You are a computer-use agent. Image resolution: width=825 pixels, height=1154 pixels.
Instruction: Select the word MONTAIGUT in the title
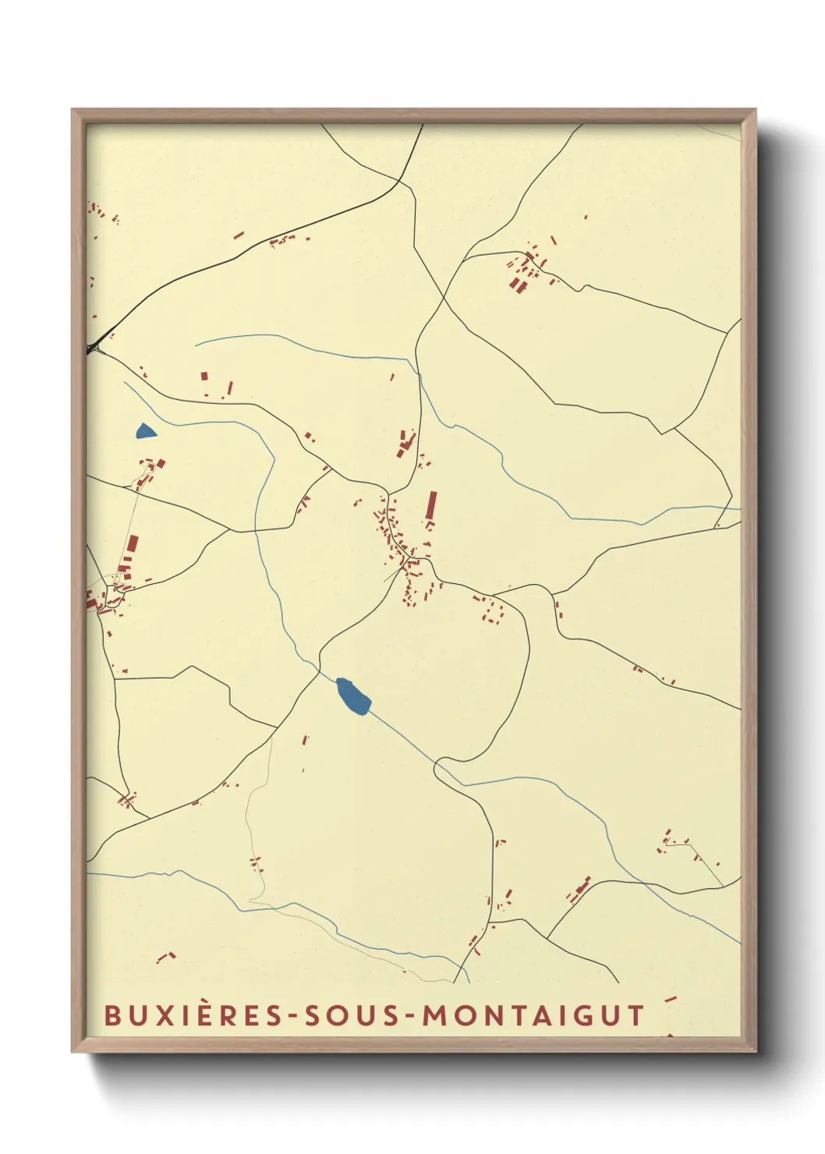click(x=533, y=1015)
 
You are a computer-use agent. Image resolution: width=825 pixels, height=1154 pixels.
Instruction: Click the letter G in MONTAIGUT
click(x=579, y=1015)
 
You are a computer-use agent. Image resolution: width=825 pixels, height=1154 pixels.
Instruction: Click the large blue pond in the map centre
click(x=352, y=695)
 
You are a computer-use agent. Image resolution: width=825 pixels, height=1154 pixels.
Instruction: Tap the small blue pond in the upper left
click(x=145, y=431)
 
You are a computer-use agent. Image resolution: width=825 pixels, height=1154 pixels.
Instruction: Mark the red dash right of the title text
click(x=669, y=999)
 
